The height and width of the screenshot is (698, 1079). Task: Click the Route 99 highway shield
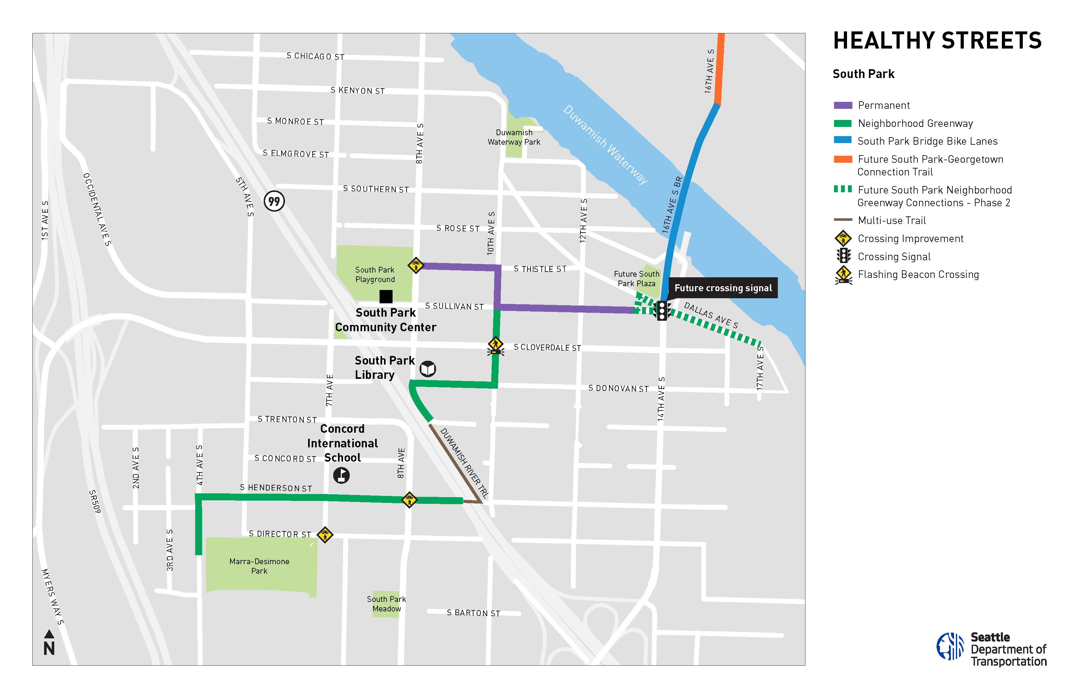pos(274,201)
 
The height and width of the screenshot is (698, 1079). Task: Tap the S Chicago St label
pos(315,56)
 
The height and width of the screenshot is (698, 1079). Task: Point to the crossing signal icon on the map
pos(662,311)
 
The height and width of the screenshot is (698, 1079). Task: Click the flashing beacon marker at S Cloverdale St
pos(495,346)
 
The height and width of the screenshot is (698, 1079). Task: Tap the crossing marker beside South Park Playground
pos(416,265)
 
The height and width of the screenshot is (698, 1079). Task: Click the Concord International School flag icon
pos(341,475)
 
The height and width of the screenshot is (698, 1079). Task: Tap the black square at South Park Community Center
pos(386,296)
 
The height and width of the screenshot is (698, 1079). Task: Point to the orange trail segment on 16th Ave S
pos(719,68)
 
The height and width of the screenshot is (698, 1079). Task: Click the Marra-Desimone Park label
pos(259,566)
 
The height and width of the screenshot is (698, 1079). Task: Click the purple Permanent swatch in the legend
pos(843,105)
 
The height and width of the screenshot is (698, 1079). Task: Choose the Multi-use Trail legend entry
pos(891,220)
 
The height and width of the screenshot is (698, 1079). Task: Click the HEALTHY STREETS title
pos(937,41)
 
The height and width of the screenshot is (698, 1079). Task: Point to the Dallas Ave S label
pos(711,315)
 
